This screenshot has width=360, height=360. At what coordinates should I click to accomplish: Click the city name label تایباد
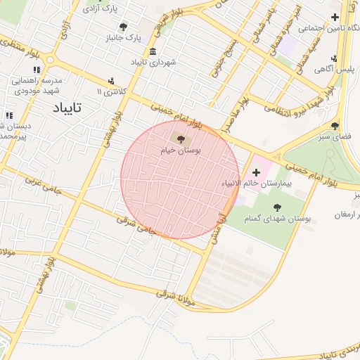[x=67, y=108]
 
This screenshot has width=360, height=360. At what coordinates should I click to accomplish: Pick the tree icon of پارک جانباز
[x=123, y=27]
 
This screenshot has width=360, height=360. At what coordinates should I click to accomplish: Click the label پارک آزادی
[x=100, y=9]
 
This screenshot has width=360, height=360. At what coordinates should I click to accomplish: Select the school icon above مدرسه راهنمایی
[x=37, y=69]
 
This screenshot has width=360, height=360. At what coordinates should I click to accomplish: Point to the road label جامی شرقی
[x=135, y=225]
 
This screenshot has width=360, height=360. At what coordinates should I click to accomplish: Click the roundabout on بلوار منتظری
[x=8, y=345]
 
